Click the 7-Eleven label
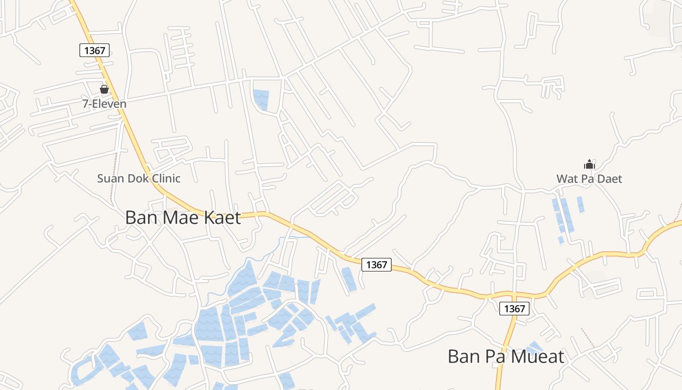[x=104, y=104]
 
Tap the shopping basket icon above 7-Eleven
[x=104, y=89]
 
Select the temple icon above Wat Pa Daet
[x=589, y=165]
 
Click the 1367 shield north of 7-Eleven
[x=95, y=50]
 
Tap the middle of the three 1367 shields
[x=377, y=265]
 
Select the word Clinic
[x=166, y=178]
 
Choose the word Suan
[x=111, y=178]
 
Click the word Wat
[x=567, y=179]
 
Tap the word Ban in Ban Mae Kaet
[x=141, y=217]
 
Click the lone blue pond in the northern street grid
[x=262, y=99]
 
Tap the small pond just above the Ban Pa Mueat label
[x=535, y=347]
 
